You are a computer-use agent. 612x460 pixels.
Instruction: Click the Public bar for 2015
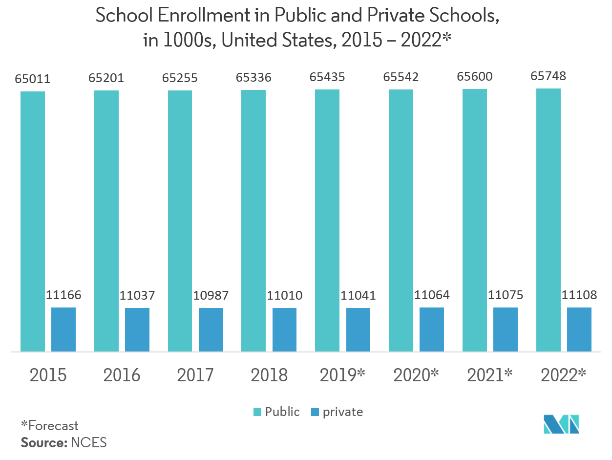click(x=33, y=221)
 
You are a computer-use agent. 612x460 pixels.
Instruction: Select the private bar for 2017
click(x=211, y=329)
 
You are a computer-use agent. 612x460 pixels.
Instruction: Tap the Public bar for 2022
click(x=549, y=219)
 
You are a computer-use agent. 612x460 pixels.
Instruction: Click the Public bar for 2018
click(x=253, y=220)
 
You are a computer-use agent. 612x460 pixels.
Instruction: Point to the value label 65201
click(x=106, y=78)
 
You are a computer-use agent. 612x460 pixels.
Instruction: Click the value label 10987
click(x=211, y=295)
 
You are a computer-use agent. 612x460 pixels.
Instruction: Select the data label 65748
click(x=549, y=76)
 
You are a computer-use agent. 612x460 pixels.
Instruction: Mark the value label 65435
click(x=327, y=77)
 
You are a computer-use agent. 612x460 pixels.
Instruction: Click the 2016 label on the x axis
click(x=122, y=375)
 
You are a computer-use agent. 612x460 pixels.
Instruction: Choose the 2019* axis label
click(x=342, y=375)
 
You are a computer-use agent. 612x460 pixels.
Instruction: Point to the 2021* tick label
click(x=490, y=375)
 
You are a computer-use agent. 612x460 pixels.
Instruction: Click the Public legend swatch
click(x=257, y=412)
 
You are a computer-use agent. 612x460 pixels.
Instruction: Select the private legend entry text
click(x=342, y=412)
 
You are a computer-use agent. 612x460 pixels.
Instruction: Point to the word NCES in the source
click(x=89, y=443)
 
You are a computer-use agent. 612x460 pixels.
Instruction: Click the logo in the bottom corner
click(x=561, y=423)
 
